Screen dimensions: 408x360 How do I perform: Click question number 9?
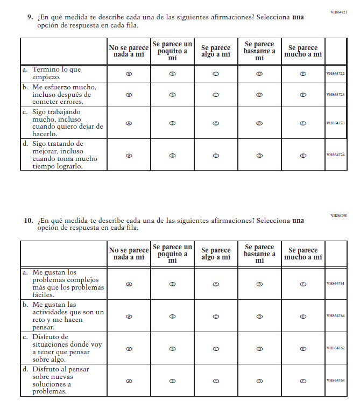click(30, 17)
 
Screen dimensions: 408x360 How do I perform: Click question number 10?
click(29, 221)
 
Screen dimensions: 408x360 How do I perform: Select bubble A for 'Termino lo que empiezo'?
click(129, 74)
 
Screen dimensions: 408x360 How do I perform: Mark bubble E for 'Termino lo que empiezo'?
click(303, 74)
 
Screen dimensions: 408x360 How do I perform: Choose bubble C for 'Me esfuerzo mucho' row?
click(216, 95)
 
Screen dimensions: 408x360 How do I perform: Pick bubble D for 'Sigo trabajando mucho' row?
click(259, 123)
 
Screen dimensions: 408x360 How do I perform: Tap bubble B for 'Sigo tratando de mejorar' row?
click(172, 156)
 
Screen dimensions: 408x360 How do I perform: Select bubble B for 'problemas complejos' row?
click(172, 284)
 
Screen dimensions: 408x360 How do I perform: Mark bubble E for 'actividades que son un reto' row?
click(303, 316)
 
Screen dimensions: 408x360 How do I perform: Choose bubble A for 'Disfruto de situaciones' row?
click(129, 348)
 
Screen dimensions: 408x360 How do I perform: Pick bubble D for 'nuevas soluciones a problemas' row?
click(259, 381)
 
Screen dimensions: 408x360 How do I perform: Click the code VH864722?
click(335, 74)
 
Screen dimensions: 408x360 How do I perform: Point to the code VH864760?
click(339, 215)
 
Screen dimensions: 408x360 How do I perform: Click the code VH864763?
click(335, 381)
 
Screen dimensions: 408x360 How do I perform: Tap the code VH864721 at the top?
click(339, 11)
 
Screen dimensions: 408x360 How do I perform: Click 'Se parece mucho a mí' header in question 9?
click(303, 51)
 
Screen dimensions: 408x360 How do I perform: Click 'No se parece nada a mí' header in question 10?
click(129, 254)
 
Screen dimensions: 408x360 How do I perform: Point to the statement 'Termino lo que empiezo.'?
click(57, 73)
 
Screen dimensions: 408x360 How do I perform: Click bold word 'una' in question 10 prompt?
click(298, 221)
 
